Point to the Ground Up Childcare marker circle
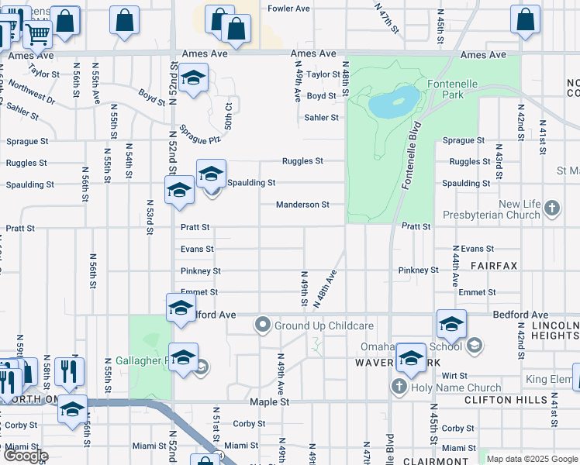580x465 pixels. pos(263,325)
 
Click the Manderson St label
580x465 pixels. pos(304,205)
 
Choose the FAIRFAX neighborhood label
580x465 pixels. pos(494,266)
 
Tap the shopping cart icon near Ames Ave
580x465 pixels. pos(36,33)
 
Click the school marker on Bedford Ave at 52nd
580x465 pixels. pos(181,308)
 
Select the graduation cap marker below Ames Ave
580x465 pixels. pos(192,77)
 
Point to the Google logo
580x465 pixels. pos(26,456)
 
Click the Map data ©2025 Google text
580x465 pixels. pos(532,459)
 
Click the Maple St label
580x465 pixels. pos(269,402)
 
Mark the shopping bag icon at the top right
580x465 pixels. pos(525,19)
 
